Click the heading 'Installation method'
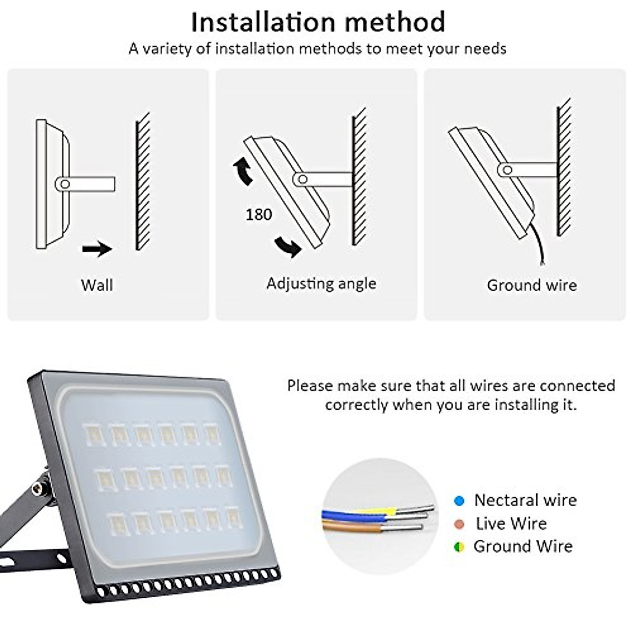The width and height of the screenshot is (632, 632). (318, 22)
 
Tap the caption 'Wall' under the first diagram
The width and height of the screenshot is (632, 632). (97, 285)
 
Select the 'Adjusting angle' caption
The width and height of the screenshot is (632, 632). (321, 283)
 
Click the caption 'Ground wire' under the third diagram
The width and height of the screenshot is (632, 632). (531, 285)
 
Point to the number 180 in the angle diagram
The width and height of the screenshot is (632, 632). (259, 214)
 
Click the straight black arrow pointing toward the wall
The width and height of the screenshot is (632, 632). (97, 249)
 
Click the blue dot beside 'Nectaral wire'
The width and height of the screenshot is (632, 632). (459, 500)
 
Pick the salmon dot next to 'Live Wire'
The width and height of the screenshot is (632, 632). (459, 524)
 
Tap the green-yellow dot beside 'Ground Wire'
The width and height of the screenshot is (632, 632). (459, 547)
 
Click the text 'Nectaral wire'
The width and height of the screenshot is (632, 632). (525, 500)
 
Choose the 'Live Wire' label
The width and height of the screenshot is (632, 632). (511, 524)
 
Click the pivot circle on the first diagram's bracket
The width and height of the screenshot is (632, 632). (65, 184)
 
